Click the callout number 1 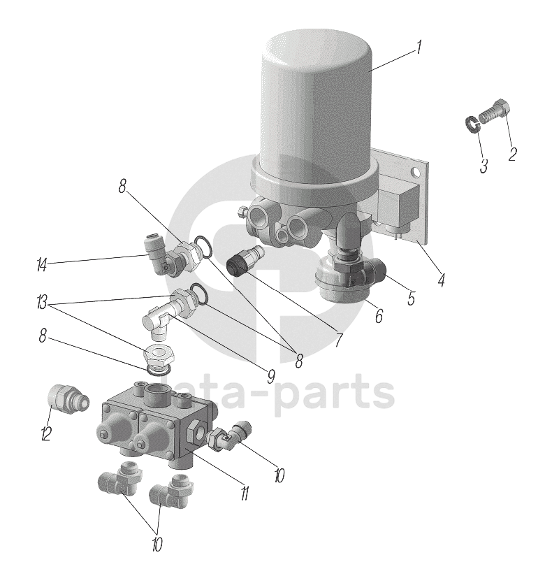point(418,48)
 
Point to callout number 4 point(441,281)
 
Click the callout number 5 point(411,298)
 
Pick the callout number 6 point(378,315)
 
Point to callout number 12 point(46,434)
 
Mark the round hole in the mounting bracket point(416,172)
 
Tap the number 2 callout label point(512,154)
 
